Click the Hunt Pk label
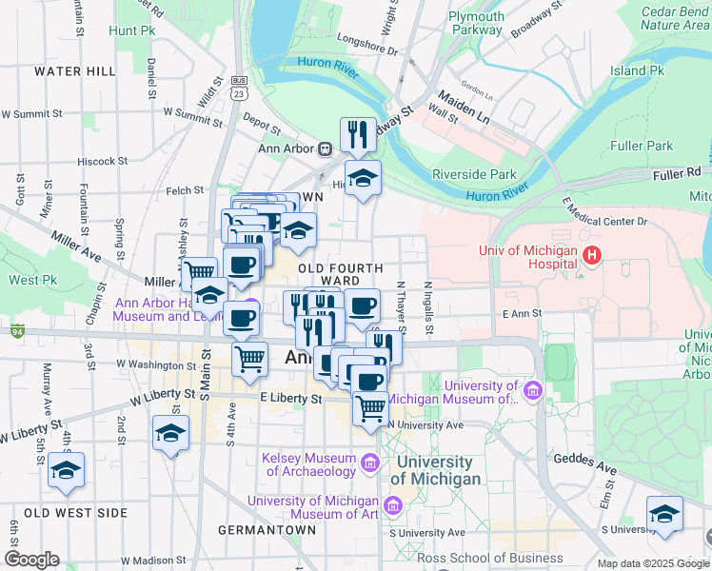click(x=131, y=30)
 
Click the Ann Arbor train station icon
click(x=325, y=148)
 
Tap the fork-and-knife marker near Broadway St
click(x=359, y=134)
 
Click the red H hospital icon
click(x=593, y=255)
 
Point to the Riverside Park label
click(x=474, y=174)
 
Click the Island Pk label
click(x=637, y=70)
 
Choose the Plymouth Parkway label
click(x=476, y=23)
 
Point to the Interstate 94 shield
click(x=17, y=331)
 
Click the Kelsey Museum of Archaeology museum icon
click(x=369, y=463)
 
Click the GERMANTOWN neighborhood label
click(x=267, y=530)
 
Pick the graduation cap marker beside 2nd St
click(x=171, y=433)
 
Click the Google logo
click(x=31, y=559)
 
